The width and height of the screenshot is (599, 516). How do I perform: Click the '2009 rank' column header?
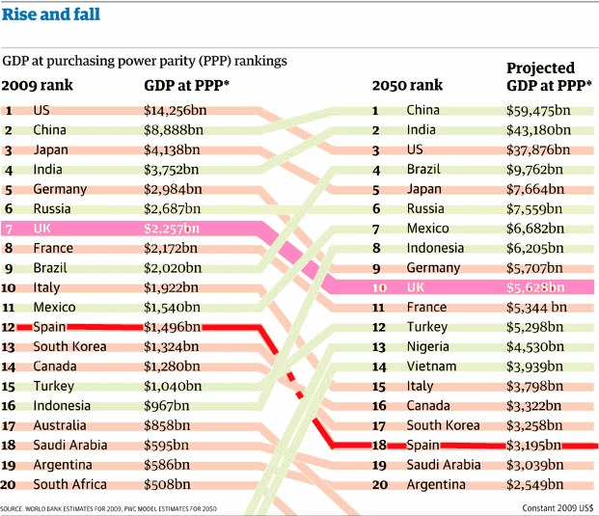(38, 85)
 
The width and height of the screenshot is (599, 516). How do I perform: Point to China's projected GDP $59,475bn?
(539, 110)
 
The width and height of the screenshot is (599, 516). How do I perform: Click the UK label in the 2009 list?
(42, 229)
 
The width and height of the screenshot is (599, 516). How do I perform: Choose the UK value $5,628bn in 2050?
(538, 287)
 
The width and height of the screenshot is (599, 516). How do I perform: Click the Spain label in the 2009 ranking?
(49, 327)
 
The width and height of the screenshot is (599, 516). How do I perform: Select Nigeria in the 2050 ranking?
(428, 346)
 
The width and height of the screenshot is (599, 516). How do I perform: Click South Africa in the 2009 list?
(69, 484)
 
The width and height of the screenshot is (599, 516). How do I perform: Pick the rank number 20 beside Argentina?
(380, 484)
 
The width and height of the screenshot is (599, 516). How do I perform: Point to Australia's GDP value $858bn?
(166, 425)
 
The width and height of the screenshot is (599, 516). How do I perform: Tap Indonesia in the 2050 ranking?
(435, 248)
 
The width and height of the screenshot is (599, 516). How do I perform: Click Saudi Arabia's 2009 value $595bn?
(166, 445)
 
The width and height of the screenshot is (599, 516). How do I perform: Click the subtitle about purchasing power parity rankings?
(145, 61)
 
